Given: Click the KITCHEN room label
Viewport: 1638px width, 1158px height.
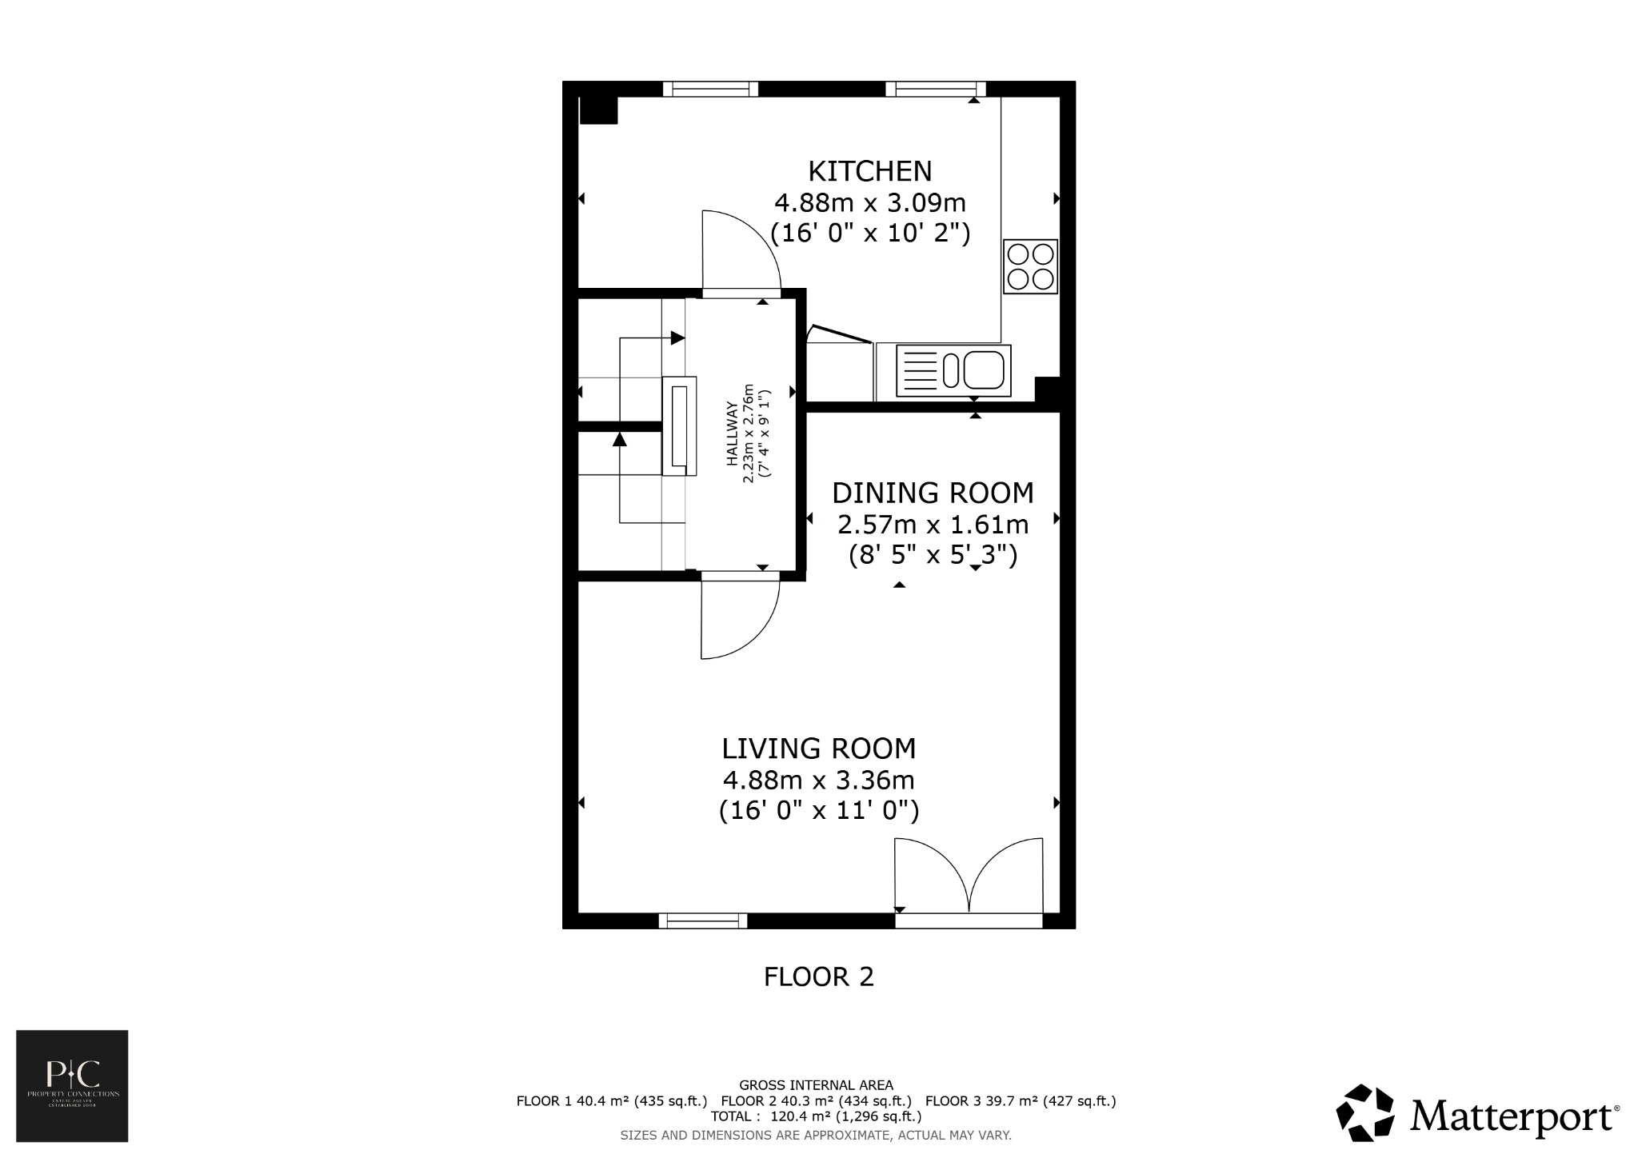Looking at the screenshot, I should tap(869, 171).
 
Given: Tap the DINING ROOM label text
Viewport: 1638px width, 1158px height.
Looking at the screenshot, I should tap(933, 493).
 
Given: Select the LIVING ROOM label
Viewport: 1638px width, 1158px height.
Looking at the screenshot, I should tap(818, 749).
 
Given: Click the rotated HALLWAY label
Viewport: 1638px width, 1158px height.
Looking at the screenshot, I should tap(731, 433).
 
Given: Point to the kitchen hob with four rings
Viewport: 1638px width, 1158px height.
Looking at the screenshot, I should tap(1030, 266).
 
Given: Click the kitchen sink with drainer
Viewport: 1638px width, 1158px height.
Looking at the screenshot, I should tap(953, 370).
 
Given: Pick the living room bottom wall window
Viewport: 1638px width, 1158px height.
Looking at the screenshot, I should tap(702, 920).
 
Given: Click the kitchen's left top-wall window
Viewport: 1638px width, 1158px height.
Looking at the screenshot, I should tap(710, 89).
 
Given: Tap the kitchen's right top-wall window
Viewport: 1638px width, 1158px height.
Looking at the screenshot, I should tap(935, 89).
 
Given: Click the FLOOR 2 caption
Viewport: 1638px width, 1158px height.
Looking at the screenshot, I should tap(818, 976).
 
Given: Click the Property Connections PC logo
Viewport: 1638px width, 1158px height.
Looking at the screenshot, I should tap(72, 1085).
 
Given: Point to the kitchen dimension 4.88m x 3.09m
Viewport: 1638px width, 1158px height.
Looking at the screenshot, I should tap(869, 202).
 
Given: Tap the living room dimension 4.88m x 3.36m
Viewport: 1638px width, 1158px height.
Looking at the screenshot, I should tap(818, 780).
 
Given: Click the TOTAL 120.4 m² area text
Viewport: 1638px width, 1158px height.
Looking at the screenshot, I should tap(816, 1116).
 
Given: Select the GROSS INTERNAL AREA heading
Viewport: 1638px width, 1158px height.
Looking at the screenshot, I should tap(816, 1085).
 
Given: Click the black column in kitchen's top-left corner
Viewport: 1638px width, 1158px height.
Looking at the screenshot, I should tap(598, 110).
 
